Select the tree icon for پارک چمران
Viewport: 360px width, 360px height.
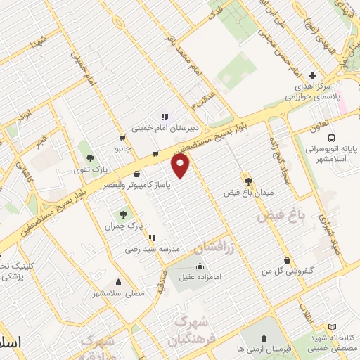pos(124,214)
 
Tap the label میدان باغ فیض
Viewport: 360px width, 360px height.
pos(247,192)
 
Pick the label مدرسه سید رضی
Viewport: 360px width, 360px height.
pos(153,249)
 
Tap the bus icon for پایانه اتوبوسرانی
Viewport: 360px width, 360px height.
pos(331,138)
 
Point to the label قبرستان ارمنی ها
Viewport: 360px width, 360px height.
pos(240,349)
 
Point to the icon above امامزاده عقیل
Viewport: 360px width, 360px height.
pos(201,266)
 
